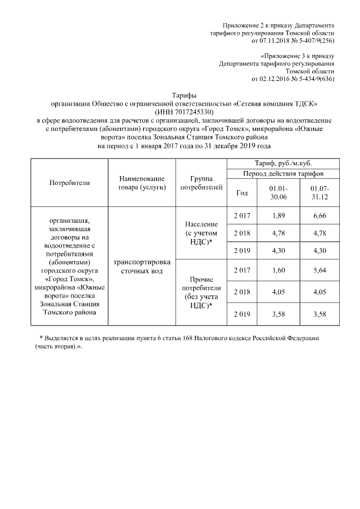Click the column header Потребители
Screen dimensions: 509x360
70,182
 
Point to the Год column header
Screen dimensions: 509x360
242,192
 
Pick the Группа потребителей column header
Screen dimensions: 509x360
201,182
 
